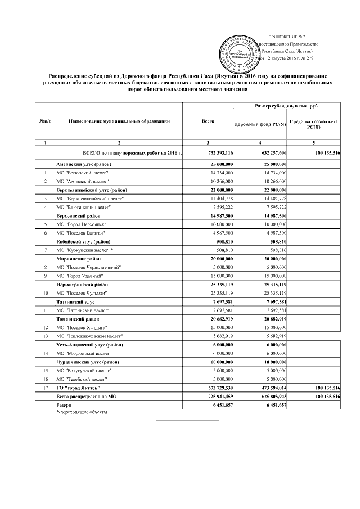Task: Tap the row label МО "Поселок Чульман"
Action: [82, 292]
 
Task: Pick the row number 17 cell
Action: [44, 388]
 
